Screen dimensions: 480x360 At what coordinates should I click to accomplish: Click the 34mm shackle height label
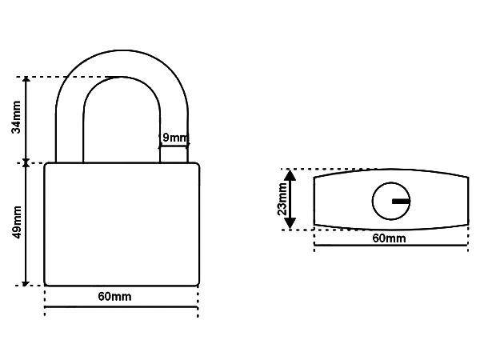coord(16,117)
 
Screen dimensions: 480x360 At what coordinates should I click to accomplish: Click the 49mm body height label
coord(16,222)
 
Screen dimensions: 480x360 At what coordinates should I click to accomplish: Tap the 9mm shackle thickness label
coord(174,138)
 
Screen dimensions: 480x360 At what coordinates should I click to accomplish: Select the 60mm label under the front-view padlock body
coord(114,296)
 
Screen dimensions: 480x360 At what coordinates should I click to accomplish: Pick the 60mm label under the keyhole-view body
coord(389,238)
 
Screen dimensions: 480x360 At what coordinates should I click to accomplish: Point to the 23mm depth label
coord(282,199)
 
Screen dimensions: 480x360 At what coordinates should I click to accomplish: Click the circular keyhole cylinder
coord(391,201)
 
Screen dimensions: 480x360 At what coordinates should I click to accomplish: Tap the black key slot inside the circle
coord(401,201)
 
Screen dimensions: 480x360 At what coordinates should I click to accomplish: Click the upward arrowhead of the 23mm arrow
coord(290,175)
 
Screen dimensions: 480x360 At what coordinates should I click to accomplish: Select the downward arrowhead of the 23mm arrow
coord(290,223)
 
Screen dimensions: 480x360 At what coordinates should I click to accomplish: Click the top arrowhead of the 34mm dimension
coord(26,79)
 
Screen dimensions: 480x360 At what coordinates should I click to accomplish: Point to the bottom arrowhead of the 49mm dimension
coord(26,283)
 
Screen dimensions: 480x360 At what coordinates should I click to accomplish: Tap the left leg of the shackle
coord(70,138)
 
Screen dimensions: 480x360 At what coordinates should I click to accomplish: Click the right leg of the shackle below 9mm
coord(174,155)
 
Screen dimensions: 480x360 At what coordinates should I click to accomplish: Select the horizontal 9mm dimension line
coord(174,146)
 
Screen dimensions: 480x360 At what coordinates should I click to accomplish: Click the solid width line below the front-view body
coord(122,306)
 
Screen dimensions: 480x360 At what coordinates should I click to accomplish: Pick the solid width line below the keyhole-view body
coord(391,246)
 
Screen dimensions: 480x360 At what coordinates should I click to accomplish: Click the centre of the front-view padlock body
coord(122,224)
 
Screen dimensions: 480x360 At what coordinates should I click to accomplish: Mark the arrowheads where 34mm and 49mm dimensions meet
coord(26,163)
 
